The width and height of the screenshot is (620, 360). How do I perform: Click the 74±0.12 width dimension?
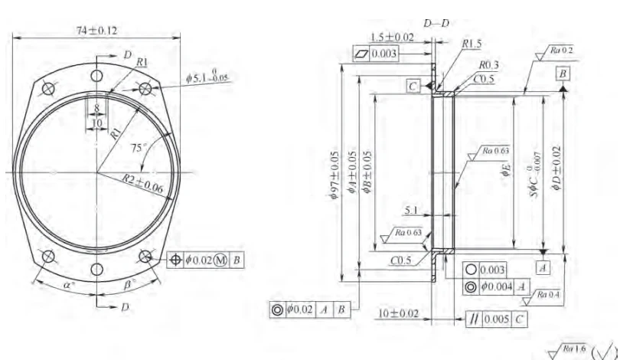coord(96,29)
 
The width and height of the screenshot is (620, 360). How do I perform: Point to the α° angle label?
coord(69,283)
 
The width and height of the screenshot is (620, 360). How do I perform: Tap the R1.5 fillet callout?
coord(472,44)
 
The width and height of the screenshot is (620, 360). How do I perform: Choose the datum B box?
coord(563,74)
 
